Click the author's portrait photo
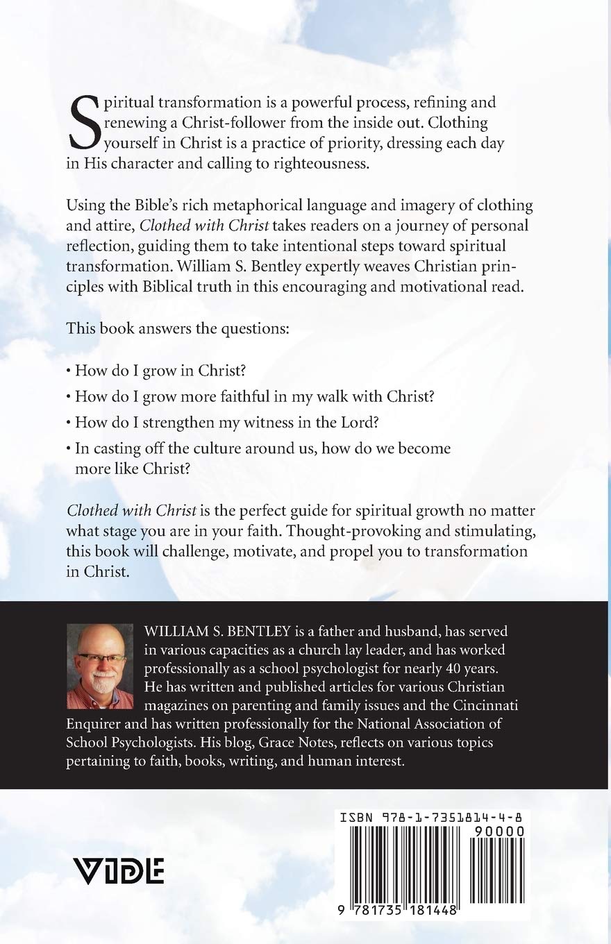point(100,666)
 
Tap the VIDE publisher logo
point(118,870)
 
